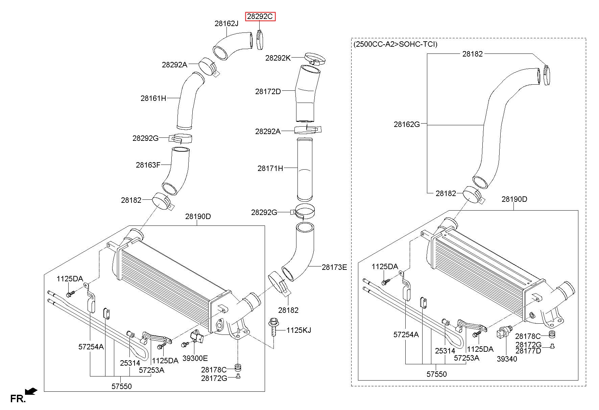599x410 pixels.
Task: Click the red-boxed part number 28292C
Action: pos(261,16)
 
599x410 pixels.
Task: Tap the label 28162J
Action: pos(226,23)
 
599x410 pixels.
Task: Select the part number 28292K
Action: pos(278,58)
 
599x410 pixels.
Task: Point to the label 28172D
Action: pos(268,91)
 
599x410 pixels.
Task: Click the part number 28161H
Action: pos(153,99)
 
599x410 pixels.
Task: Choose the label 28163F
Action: pos(148,165)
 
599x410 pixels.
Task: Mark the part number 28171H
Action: pos(270,168)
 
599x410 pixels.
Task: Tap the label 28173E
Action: pos(334,267)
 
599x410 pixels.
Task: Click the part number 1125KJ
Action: pos(299,330)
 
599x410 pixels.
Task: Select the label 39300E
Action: pos(195,358)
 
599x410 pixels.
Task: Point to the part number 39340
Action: pos(507,359)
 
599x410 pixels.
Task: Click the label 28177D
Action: pos(528,351)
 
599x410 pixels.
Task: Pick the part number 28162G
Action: pos(407,124)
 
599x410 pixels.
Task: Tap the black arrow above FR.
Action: pos(31,391)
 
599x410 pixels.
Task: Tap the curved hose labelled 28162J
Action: pos(233,46)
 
